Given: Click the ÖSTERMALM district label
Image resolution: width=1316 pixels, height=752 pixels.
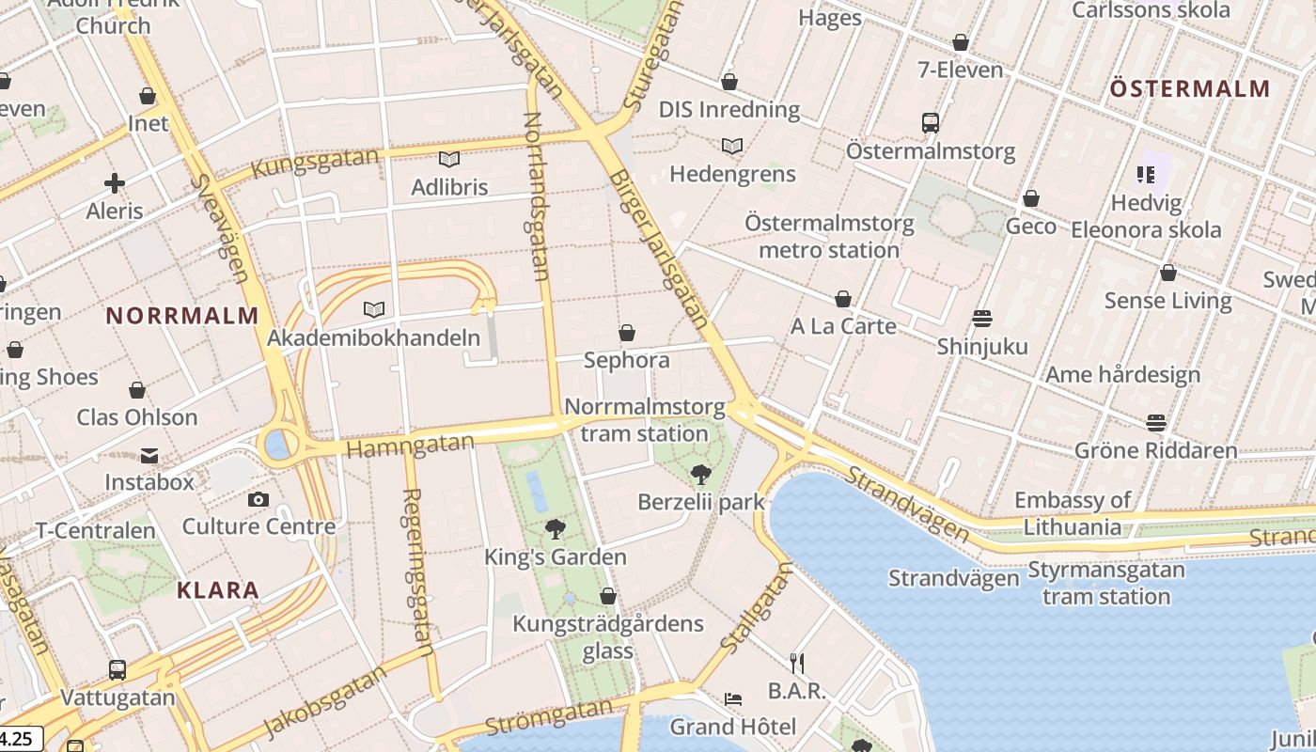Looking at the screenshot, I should coord(1190,89).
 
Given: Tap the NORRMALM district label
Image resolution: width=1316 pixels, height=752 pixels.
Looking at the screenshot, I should coord(182,316).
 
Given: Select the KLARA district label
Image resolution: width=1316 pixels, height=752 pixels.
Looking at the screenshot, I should coord(218,590).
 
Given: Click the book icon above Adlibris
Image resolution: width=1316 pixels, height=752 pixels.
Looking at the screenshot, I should coord(449,160).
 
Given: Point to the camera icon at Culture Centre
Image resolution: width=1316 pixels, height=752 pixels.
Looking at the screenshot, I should coord(258,499).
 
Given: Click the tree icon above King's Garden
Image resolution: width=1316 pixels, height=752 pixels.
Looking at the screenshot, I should coord(556,529).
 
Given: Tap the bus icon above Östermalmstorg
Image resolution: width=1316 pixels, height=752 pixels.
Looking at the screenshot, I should coord(931,122).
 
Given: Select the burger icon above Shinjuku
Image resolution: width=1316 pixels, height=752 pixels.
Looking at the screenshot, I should coord(982,319).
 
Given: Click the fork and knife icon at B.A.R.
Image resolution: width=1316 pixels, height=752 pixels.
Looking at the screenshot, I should coord(797,664).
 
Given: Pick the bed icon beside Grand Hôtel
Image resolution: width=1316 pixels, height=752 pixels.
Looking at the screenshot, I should coord(733,699).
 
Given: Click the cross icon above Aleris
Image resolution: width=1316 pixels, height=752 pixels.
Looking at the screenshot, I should coord(115,183).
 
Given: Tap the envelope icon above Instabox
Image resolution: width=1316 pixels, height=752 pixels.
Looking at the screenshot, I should coord(149,456).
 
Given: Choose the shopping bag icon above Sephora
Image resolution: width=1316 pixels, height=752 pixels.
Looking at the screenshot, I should coord(627,333).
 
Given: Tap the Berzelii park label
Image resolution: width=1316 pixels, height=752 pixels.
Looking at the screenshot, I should coord(701,502).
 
